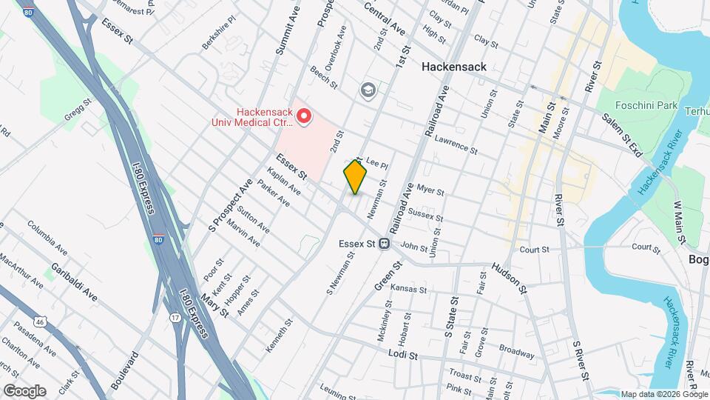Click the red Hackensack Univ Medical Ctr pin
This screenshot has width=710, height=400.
coord(303,116)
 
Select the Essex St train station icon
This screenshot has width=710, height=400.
coord(385,243)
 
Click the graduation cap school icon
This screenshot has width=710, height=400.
coord(367,90)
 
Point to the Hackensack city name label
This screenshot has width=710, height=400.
coord(454,67)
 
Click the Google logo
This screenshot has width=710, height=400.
coord(24,390)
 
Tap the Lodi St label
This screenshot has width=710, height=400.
coord(403,355)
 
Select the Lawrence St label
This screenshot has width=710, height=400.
coord(456,144)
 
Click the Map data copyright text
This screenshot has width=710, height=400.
coord(663,394)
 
